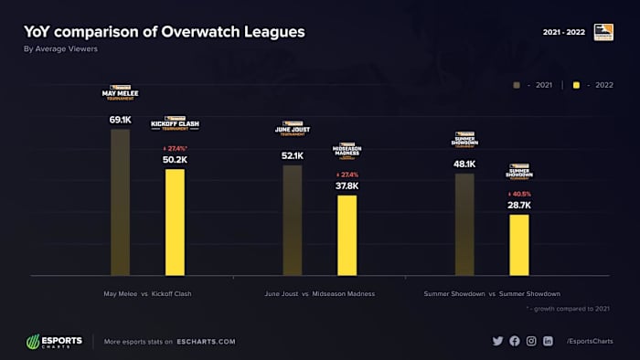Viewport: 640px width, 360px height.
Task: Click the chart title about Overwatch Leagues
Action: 164,32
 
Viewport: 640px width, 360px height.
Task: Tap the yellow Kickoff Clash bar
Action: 175,222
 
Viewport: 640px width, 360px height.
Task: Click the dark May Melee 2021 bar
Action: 120,202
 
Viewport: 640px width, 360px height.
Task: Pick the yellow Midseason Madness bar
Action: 347,235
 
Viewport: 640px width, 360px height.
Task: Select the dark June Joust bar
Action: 293,220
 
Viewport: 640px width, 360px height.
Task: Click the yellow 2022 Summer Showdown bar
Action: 518,245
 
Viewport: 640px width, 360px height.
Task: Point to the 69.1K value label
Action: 120,120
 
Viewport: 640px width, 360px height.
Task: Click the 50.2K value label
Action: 175,160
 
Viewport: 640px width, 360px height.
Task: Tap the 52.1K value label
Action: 293,156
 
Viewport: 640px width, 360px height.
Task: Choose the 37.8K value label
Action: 347,185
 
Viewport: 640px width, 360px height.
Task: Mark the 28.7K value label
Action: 519,206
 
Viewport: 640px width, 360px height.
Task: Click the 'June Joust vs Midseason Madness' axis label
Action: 319,293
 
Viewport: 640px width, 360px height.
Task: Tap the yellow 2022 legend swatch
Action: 576,85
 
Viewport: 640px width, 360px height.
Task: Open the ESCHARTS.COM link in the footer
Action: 207,342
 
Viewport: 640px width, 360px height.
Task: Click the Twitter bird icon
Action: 498,341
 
